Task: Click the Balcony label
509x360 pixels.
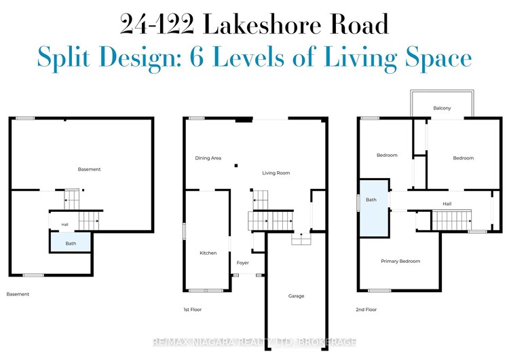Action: [x=442, y=108]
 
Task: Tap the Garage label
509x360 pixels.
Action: [x=296, y=296]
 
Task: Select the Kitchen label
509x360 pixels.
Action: [x=208, y=253]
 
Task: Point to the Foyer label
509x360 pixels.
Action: [x=242, y=262]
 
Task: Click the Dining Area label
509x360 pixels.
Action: [x=208, y=158]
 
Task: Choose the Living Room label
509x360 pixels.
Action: [x=276, y=173]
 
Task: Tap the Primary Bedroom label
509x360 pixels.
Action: [x=400, y=262]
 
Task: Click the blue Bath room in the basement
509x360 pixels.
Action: [x=70, y=242]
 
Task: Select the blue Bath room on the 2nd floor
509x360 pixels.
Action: [x=374, y=208]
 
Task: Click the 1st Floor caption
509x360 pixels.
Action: [x=193, y=310]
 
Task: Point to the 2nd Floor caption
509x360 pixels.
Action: [x=366, y=310]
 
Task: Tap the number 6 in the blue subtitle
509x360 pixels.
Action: [x=197, y=57]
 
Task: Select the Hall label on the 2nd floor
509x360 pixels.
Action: [x=447, y=204]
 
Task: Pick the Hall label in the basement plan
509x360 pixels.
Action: [x=65, y=225]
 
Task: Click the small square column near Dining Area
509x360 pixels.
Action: [x=236, y=166]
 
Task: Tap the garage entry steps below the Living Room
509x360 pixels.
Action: [x=301, y=239]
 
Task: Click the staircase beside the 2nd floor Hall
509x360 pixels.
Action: [x=451, y=220]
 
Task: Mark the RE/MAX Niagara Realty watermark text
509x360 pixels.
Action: [x=254, y=342]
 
